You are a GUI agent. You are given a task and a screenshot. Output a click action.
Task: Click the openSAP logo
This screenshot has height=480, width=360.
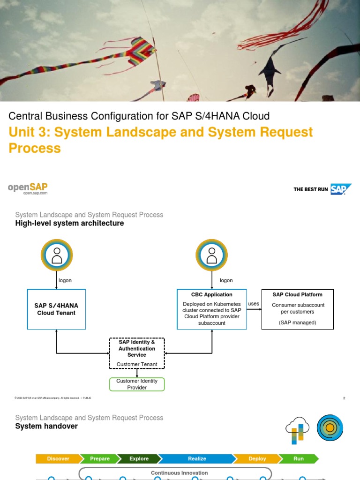(28, 188)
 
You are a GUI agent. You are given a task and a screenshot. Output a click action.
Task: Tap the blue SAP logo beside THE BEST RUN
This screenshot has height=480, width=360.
(341, 189)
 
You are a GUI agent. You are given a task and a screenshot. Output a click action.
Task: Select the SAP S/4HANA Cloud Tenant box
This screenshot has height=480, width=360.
(56, 309)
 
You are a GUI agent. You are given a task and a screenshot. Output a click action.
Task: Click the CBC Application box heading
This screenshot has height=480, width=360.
(211, 295)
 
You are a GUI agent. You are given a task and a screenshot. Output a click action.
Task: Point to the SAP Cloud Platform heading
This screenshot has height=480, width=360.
(297, 295)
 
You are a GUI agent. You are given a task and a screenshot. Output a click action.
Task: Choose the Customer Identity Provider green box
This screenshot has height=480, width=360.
(137, 384)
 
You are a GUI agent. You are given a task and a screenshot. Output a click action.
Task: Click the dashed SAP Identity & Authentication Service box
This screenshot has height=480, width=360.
(137, 353)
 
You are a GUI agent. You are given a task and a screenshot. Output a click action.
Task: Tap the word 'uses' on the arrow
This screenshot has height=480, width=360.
(254, 304)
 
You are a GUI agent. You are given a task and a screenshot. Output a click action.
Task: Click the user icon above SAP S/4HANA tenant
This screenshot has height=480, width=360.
(57, 255)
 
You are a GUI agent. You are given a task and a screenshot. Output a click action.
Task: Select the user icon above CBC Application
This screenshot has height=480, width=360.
(211, 255)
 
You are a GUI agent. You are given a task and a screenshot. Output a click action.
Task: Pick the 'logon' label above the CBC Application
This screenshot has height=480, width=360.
(226, 280)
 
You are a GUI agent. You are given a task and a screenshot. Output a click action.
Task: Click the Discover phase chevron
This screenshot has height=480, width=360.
(58, 459)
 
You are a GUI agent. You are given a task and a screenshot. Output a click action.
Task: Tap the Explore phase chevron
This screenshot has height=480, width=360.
(139, 459)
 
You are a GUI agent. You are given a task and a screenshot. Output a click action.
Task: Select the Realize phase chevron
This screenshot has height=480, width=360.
(196, 459)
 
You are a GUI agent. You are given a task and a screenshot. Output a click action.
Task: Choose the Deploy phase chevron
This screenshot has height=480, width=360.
(257, 459)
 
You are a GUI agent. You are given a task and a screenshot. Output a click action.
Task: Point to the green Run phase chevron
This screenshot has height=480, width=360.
(299, 459)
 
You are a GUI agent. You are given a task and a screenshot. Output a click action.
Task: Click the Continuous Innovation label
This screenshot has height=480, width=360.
(179, 473)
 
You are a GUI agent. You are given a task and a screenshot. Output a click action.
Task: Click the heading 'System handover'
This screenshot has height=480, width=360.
(46, 426)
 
